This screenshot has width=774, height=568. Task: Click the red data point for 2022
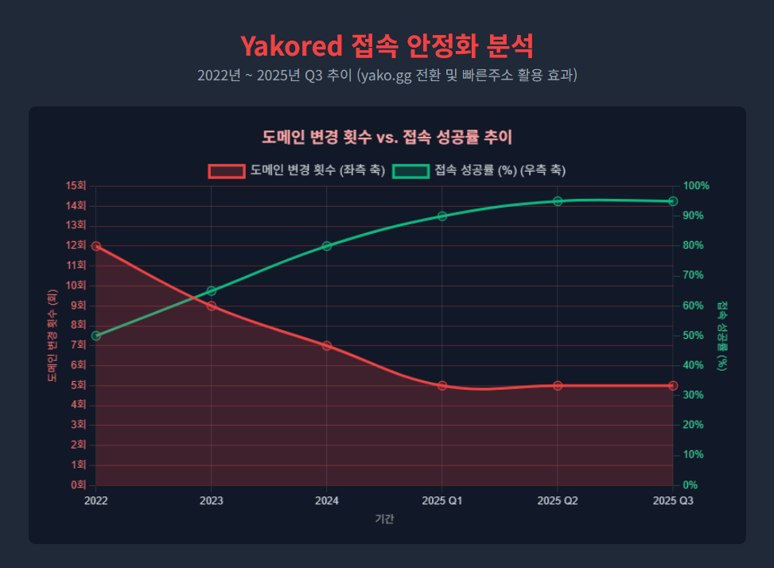(96, 246)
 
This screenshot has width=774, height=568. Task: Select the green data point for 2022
(96, 336)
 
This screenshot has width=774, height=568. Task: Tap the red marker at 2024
(327, 346)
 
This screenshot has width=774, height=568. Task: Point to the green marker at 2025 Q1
(442, 216)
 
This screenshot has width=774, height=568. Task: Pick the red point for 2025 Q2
(558, 386)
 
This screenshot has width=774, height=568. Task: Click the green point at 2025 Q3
(673, 201)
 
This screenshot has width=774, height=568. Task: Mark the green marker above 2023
(212, 291)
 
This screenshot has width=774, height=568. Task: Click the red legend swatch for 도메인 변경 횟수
(226, 171)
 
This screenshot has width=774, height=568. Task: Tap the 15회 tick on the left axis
(76, 186)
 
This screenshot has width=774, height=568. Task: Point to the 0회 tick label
(78, 485)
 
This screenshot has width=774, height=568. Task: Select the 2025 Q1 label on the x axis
(442, 501)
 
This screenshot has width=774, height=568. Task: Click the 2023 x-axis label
(212, 501)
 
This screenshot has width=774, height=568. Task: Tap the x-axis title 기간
(384, 519)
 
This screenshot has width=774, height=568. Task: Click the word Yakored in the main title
(290, 46)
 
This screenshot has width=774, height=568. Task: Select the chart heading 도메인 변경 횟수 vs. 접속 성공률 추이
(387, 137)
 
